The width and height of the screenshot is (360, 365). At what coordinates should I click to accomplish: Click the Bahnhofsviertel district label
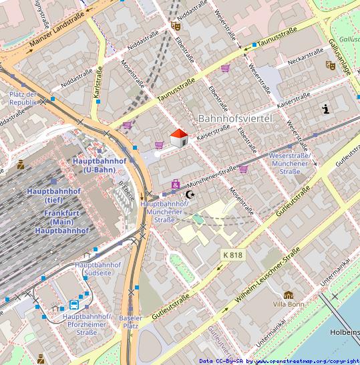click(236, 118)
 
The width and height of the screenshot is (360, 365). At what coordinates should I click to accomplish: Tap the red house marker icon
click(178, 138)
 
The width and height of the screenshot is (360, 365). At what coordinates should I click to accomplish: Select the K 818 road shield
click(232, 255)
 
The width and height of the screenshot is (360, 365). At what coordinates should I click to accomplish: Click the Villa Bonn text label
click(288, 304)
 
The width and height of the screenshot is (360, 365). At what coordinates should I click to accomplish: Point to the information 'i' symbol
click(326, 110)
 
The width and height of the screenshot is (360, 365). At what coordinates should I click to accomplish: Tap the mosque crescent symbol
click(190, 195)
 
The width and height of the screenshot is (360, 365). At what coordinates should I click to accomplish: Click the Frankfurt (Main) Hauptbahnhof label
click(58, 222)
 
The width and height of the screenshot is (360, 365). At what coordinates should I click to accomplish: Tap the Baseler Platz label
click(130, 322)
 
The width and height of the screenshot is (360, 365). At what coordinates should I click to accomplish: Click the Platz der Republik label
click(22, 99)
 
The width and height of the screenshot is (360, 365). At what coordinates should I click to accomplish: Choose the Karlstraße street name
click(98, 84)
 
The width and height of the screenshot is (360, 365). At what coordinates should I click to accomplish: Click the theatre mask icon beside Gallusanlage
click(330, 66)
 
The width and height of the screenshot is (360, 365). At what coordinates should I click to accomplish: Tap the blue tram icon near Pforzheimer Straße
click(73, 305)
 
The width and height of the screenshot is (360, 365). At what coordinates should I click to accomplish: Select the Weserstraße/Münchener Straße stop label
click(289, 164)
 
